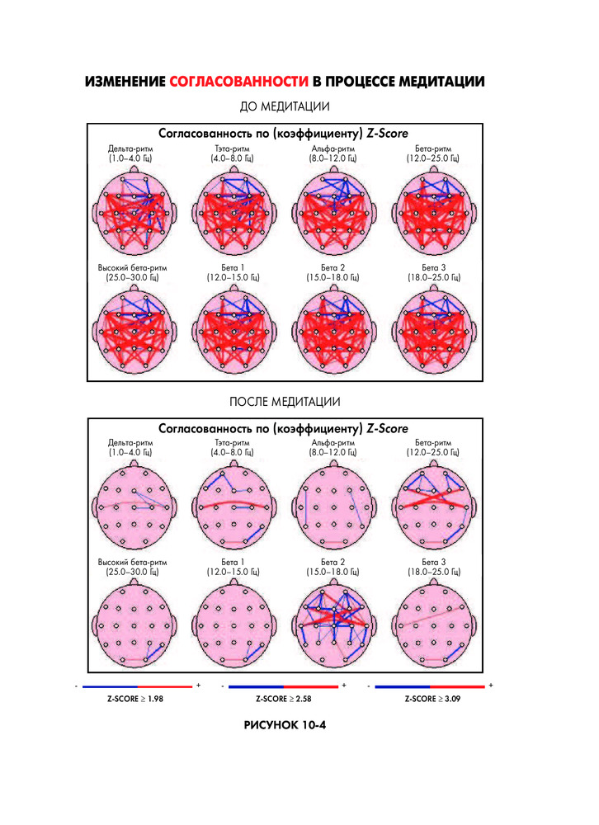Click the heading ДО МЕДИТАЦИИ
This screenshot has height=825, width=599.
coord(285,107)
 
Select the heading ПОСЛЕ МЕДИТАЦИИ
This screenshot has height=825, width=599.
coord(285,402)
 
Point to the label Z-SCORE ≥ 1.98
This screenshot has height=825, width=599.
coord(136,699)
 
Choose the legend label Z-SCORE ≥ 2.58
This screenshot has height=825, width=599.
coord(284,699)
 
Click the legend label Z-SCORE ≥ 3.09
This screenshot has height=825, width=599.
coord(432,699)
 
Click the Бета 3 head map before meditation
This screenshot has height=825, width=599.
coord(433,330)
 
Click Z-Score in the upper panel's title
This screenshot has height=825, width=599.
coord(387,133)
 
